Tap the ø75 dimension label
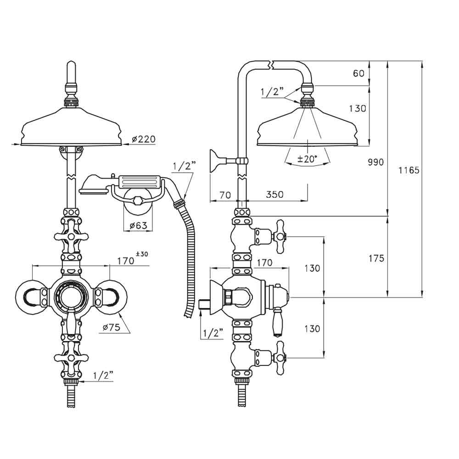pos(112,327)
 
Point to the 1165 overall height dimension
pos(409,170)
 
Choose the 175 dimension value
pos(376,258)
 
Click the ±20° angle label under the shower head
pos(307,159)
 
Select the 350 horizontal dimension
pos(275,195)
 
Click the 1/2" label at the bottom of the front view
pos(103,375)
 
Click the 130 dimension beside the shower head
pos(358,109)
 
